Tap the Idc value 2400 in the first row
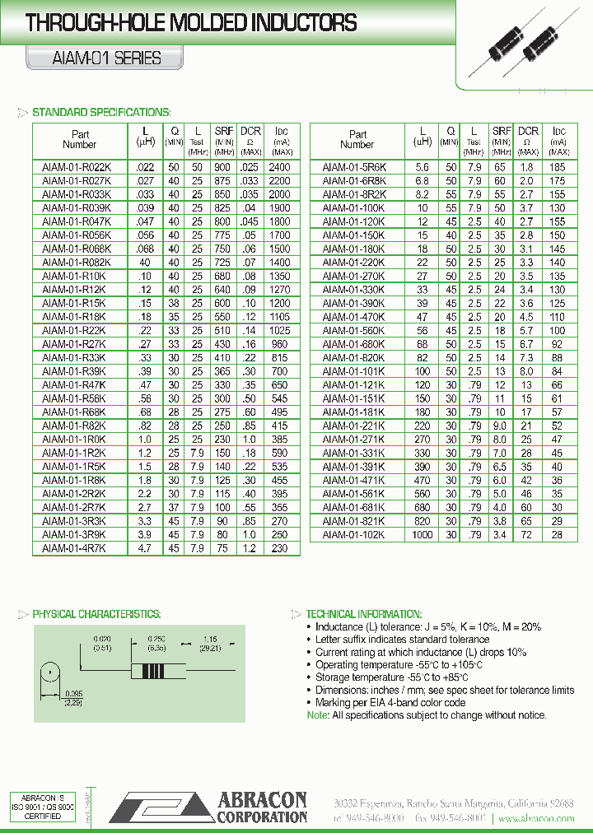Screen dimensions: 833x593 point(280,167)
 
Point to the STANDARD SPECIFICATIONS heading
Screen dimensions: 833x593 point(100,113)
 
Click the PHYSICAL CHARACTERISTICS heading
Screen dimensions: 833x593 point(96,614)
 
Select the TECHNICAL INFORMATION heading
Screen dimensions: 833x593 point(363,614)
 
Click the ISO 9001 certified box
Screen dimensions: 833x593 point(43,807)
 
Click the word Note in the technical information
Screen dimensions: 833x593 point(317,715)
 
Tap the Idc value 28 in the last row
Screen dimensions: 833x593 point(558,535)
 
